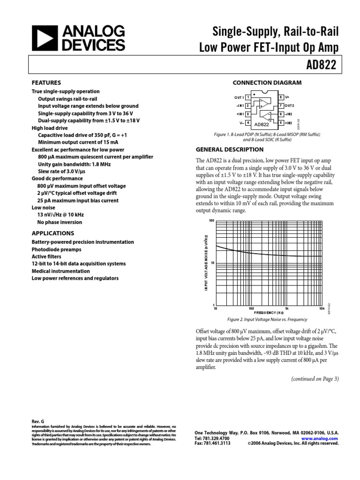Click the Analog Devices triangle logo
[41, 38]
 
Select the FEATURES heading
[46, 82]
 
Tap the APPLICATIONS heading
[52, 233]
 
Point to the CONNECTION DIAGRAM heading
[267, 83]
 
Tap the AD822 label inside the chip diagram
[262, 124]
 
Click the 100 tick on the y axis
[211, 220]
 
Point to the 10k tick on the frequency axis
[322, 309]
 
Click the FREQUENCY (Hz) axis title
[269, 313]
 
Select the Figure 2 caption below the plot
[267, 320]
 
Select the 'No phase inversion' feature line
[60, 222]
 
